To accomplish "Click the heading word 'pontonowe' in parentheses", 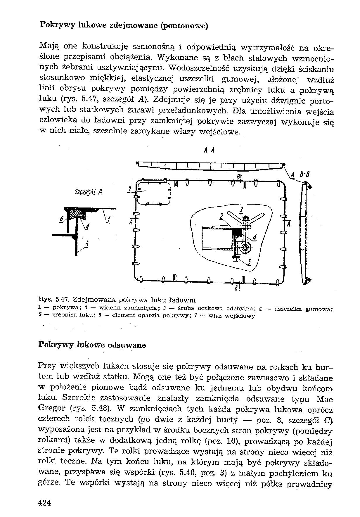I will tap(184, 26).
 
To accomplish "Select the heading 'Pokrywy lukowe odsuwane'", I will tap(92, 345).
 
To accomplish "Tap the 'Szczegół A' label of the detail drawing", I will tap(88, 192).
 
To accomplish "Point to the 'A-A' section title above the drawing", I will tap(209, 151).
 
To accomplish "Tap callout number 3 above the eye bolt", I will tap(241, 209).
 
